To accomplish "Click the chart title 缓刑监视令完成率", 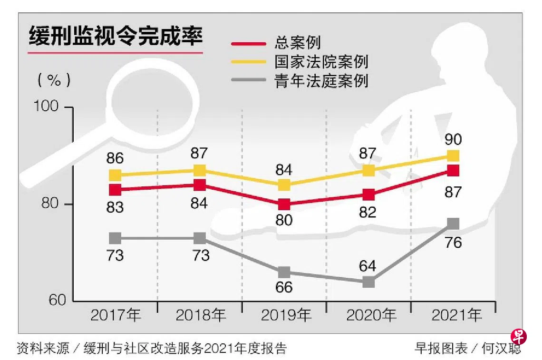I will (116, 37).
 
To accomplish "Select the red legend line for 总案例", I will (248, 44).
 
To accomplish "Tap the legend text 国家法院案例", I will (321, 62).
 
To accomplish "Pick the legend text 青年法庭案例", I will (321, 80).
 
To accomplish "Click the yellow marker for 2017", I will (116, 175).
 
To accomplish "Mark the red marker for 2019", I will (284, 204).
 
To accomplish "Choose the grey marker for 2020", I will (368, 282).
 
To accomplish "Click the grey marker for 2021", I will (453, 224).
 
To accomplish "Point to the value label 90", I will (453, 140).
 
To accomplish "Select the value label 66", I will (284, 288).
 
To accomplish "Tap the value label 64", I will (368, 266).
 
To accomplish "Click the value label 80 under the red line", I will (284, 221).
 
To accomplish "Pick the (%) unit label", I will (55, 79).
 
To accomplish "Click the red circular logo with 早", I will (519, 337).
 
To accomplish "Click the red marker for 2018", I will (200, 185).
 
